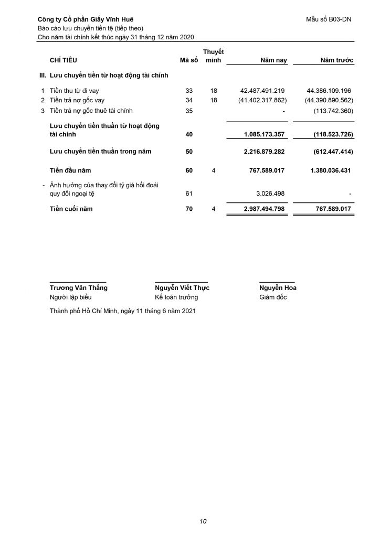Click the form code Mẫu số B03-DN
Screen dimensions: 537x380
tap(329, 19)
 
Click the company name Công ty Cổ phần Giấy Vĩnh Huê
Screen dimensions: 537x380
tap(86, 19)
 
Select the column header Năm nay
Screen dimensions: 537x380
tap(274, 61)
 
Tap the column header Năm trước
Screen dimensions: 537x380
tap(337, 61)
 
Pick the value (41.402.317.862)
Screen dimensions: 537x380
tap(256, 100)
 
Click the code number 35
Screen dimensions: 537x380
tap(189, 111)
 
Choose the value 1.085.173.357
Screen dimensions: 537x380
tap(264, 135)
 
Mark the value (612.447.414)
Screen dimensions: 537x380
tap(330, 152)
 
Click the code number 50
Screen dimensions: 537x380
tap(189, 152)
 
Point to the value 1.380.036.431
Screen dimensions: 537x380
tap(329, 170)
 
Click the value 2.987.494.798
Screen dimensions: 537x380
tap(264, 209)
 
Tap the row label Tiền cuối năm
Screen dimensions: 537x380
tap(70, 209)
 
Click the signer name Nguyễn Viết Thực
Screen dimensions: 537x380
tap(182, 288)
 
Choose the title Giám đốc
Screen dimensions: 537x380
tap(273, 297)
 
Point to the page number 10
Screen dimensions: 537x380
tap(203, 521)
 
